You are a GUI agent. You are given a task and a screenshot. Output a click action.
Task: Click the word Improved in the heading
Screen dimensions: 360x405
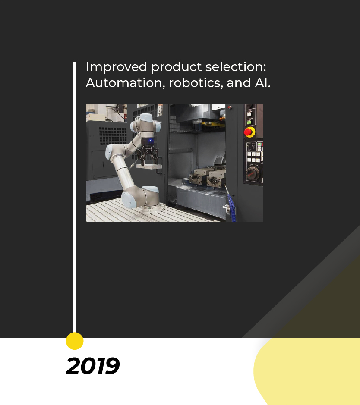116,67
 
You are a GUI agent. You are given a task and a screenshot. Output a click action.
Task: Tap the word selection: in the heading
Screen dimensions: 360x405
236,67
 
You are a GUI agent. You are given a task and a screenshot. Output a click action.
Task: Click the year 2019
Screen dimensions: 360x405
93,366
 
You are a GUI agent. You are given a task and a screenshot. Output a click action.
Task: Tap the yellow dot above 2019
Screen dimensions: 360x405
75,341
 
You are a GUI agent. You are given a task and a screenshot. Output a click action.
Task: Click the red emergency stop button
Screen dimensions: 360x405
249,132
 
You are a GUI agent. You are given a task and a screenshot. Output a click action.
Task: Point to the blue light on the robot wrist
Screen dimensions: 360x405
150,141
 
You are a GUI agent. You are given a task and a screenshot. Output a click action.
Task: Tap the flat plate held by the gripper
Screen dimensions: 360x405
149,166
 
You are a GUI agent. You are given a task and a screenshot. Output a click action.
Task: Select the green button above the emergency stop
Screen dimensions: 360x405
249,121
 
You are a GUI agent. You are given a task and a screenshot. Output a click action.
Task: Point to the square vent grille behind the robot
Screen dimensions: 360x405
113,136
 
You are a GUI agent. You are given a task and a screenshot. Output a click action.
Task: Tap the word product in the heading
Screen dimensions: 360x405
176,67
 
